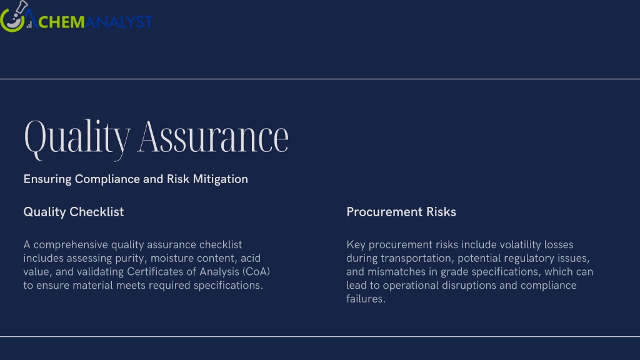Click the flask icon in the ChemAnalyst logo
click(x=14, y=16)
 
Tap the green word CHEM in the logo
click(x=61, y=22)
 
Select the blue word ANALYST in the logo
click(x=119, y=22)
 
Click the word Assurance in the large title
click(x=212, y=137)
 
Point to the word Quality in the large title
click(x=77, y=139)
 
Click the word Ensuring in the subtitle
click(x=47, y=179)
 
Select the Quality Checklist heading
click(x=74, y=212)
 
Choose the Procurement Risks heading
click(x=401, y=212)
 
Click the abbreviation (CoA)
click(x=256, y=272)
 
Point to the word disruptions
click(x=469, y=285)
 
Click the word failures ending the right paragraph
click(x=366, y=299)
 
